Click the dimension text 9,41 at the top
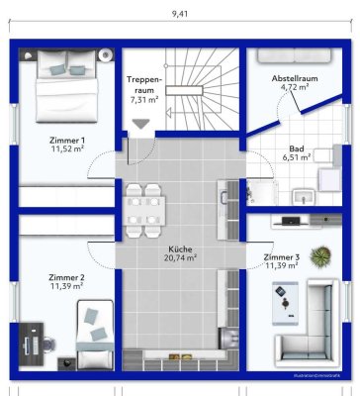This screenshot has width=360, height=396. coord(179,13)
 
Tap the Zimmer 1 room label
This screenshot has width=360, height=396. coord(68,140)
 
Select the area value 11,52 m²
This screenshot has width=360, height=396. coord(68,149)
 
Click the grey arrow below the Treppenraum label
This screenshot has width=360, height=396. coord(141,124)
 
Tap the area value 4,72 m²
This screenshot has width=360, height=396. coord(294,87)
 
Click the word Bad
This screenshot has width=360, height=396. coord(296,147)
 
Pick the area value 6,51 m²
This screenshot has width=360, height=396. coord(297,156)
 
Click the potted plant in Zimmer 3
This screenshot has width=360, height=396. coord(318,257)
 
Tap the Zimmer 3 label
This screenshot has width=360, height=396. coord(280,257)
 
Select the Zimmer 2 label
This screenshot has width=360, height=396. coord(67,277)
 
